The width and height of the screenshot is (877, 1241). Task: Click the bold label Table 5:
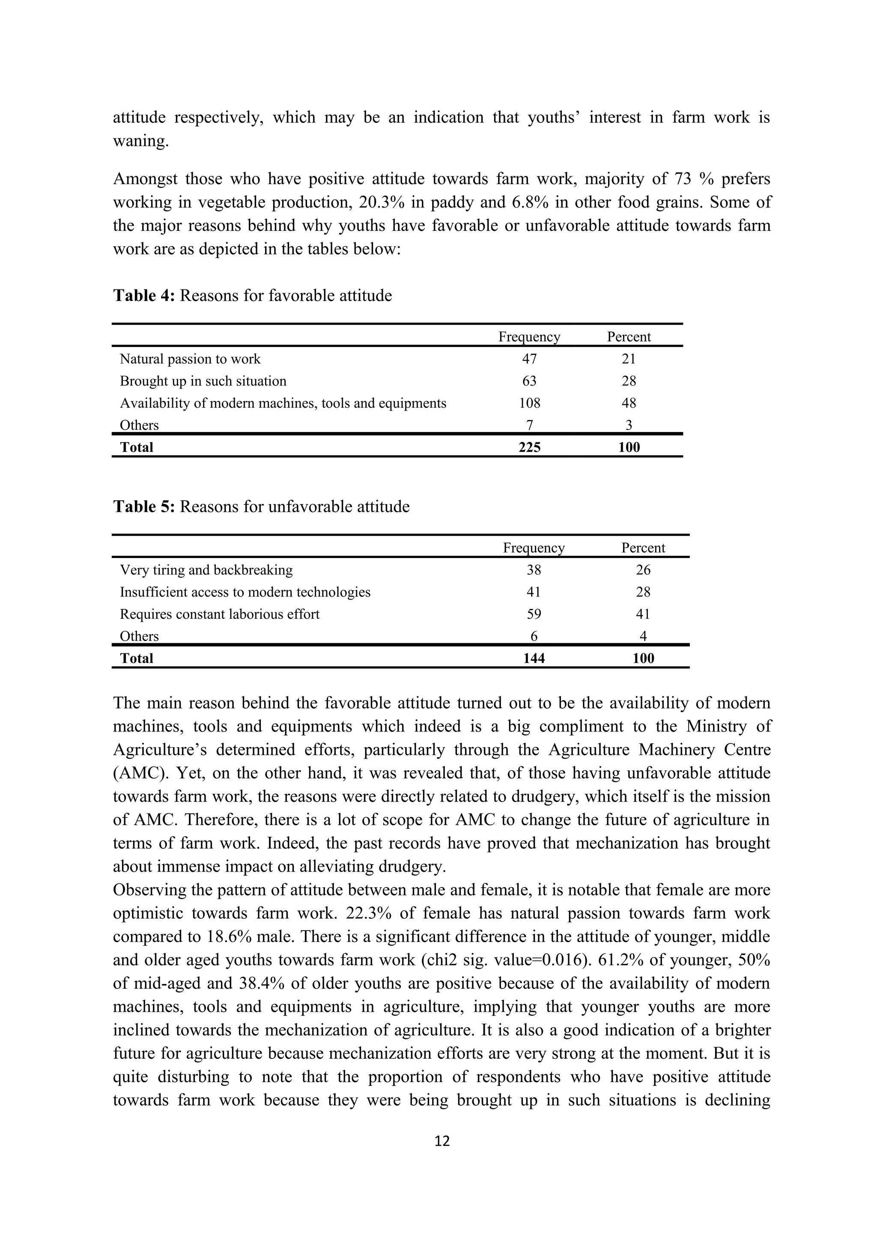[x=143, y=507]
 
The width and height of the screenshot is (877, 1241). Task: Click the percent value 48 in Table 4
[x=629, y=403]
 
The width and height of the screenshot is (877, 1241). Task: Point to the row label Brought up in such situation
[x=203, y=381]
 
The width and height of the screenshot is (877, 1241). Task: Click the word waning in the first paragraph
[x=140, y=140]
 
